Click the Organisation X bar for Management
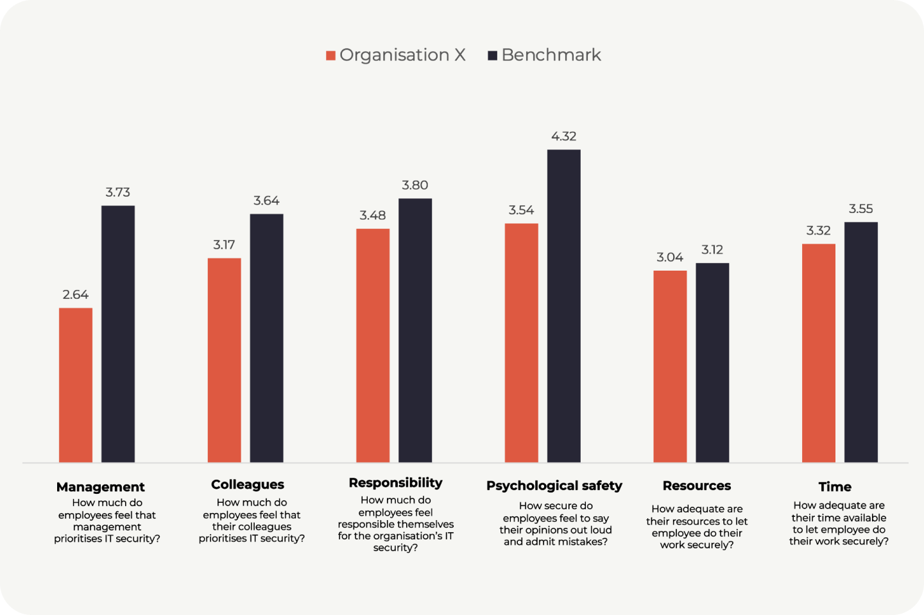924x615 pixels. (x=76, y=385)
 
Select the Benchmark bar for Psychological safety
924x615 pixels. (x=563, y=306)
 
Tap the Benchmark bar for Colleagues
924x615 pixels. (x=266, y=338)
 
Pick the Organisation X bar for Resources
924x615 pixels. (x=670, y=366)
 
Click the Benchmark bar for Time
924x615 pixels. (x=860, y=342)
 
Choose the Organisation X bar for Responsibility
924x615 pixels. (x=373, y=345)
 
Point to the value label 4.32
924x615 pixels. (x=563, y=136)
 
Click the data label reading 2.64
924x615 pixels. (x=76, y=294)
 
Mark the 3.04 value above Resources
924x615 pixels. (x=670, y=257)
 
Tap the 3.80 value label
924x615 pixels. (x=415, y=185)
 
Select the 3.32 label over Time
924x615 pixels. (x=818, y=230)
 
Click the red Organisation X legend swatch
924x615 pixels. (x=331, y=56)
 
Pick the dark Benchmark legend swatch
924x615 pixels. (x=493, y=56)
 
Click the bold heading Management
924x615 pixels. (x=101, y=487)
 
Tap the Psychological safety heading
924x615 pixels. (x=554, y=485)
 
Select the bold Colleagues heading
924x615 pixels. (x=248, y=484)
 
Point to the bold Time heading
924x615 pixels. (x=835, y=487)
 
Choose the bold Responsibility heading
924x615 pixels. (x=395, y=482)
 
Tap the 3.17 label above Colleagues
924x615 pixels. (x=224, y=244)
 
